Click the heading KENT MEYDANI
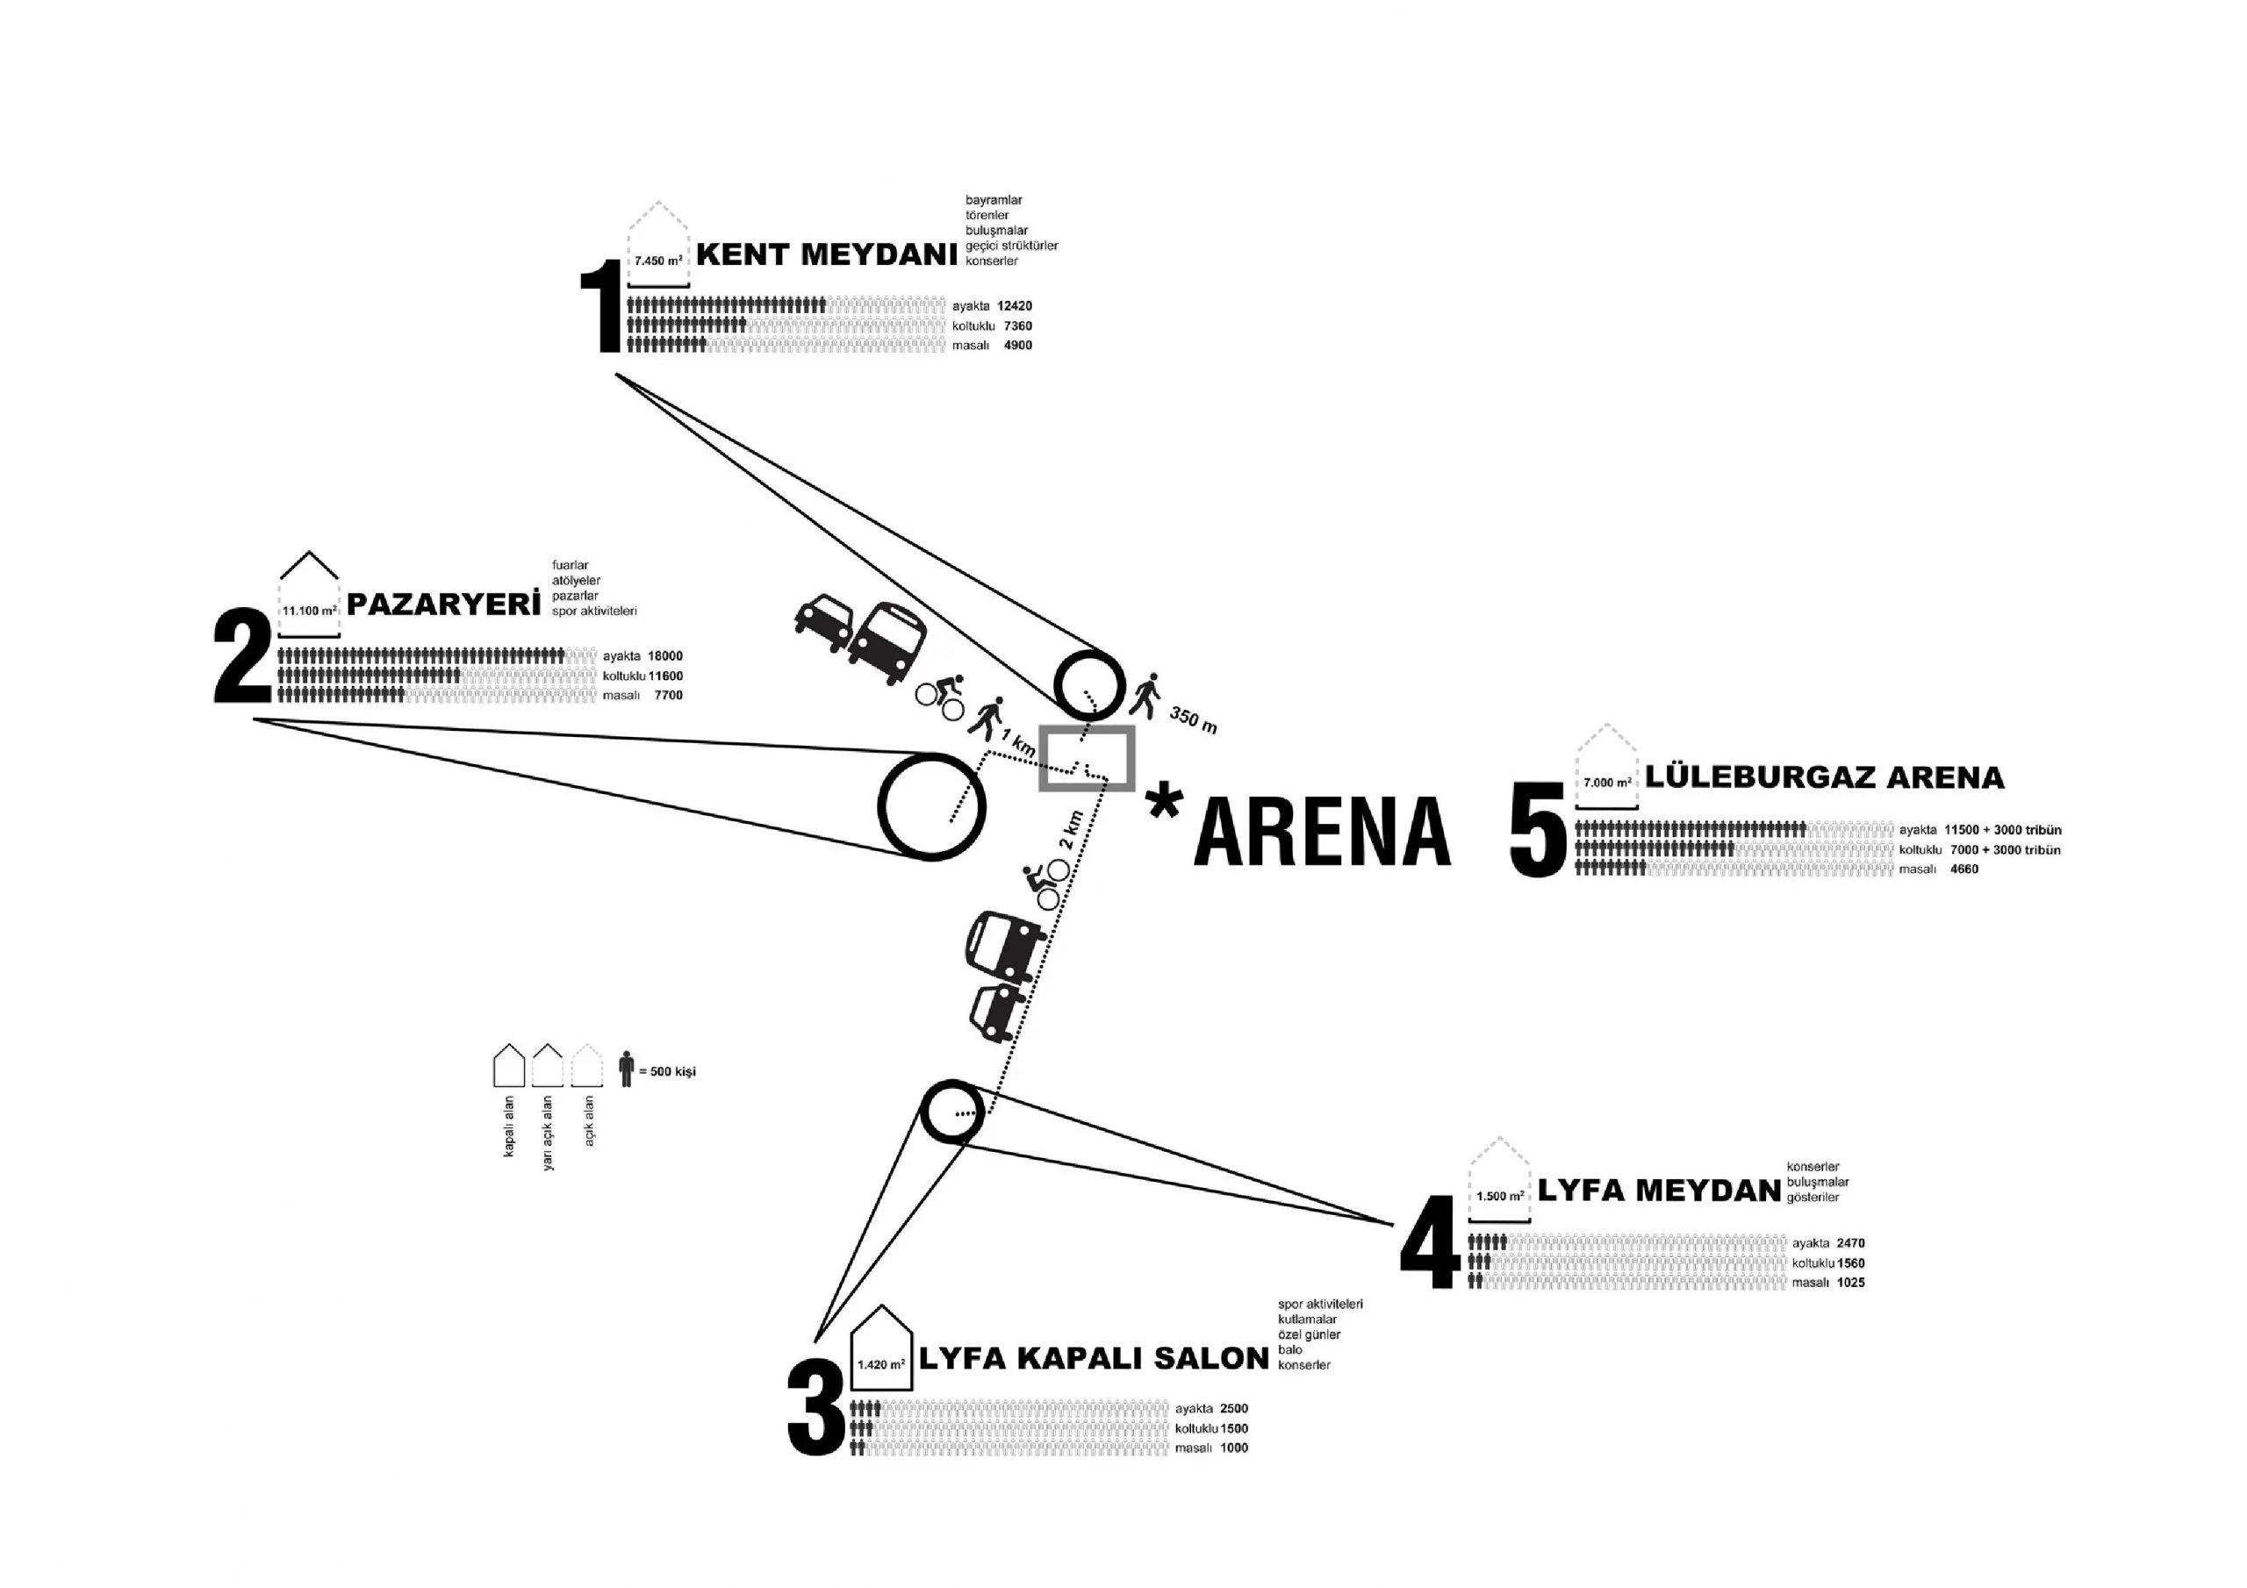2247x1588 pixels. tap(826, 254)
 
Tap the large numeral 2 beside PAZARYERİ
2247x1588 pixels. tap(243, 655)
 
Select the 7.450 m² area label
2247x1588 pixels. tap(657, 261)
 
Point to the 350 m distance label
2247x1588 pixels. tap(1193, 721)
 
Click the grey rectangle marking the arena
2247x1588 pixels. tap(1087, 758)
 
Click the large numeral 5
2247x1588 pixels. tap(1540, 827)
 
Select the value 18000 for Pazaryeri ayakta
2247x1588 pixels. tap(664, 656)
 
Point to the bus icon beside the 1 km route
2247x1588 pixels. tap(887, 642)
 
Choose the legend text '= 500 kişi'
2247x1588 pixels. tap(666, 1071)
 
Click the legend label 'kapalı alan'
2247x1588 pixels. tap(509, 1126)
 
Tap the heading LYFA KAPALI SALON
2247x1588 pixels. tap(1093, 1358)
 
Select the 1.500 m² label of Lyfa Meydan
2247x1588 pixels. tap(1499, 1196)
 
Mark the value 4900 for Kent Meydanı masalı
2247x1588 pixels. tap(1018, 346)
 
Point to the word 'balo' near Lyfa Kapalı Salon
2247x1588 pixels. tap(1290, 1349)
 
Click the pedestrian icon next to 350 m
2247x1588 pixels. tap(1146, 695)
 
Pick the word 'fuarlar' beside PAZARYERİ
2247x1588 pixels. tap(570, 566)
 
